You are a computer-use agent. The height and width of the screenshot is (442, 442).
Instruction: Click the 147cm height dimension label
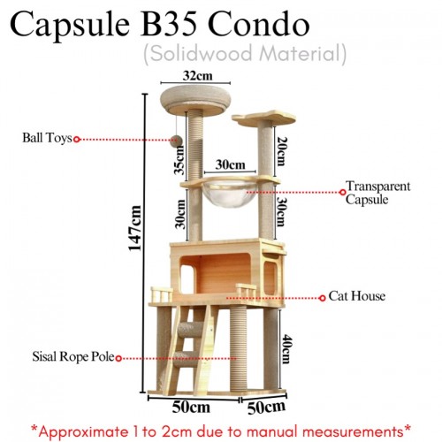point(135,228)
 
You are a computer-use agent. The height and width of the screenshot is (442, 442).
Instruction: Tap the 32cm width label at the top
point(197,76)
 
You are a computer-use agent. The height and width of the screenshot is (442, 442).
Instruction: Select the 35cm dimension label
point(179,160)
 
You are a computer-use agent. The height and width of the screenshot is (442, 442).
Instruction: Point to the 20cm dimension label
point(281,151)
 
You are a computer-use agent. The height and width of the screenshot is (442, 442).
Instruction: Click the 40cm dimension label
point(286,349)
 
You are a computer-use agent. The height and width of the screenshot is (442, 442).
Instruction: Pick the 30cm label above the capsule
point(230,164)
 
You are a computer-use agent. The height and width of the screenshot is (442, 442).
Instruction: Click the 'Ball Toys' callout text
point(47,138)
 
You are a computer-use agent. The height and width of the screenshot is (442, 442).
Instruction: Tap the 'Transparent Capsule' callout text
point(378,193)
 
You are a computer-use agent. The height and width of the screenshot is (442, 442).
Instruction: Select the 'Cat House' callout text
point(357,296)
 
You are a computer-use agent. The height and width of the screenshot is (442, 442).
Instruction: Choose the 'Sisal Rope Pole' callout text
point(73,356)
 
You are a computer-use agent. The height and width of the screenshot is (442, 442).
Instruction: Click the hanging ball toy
point(177,141)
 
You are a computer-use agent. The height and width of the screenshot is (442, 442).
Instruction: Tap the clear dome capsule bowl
point(230,193)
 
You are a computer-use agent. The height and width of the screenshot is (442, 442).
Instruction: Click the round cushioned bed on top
point(195,101)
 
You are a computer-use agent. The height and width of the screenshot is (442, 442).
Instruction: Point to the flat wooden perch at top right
point(264,118)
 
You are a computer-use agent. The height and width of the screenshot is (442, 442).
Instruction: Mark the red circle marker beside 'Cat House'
point(323,298)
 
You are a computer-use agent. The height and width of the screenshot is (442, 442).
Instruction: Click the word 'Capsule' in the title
point(70,26)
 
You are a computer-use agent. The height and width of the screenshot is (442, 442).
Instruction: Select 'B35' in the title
point(169,25)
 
